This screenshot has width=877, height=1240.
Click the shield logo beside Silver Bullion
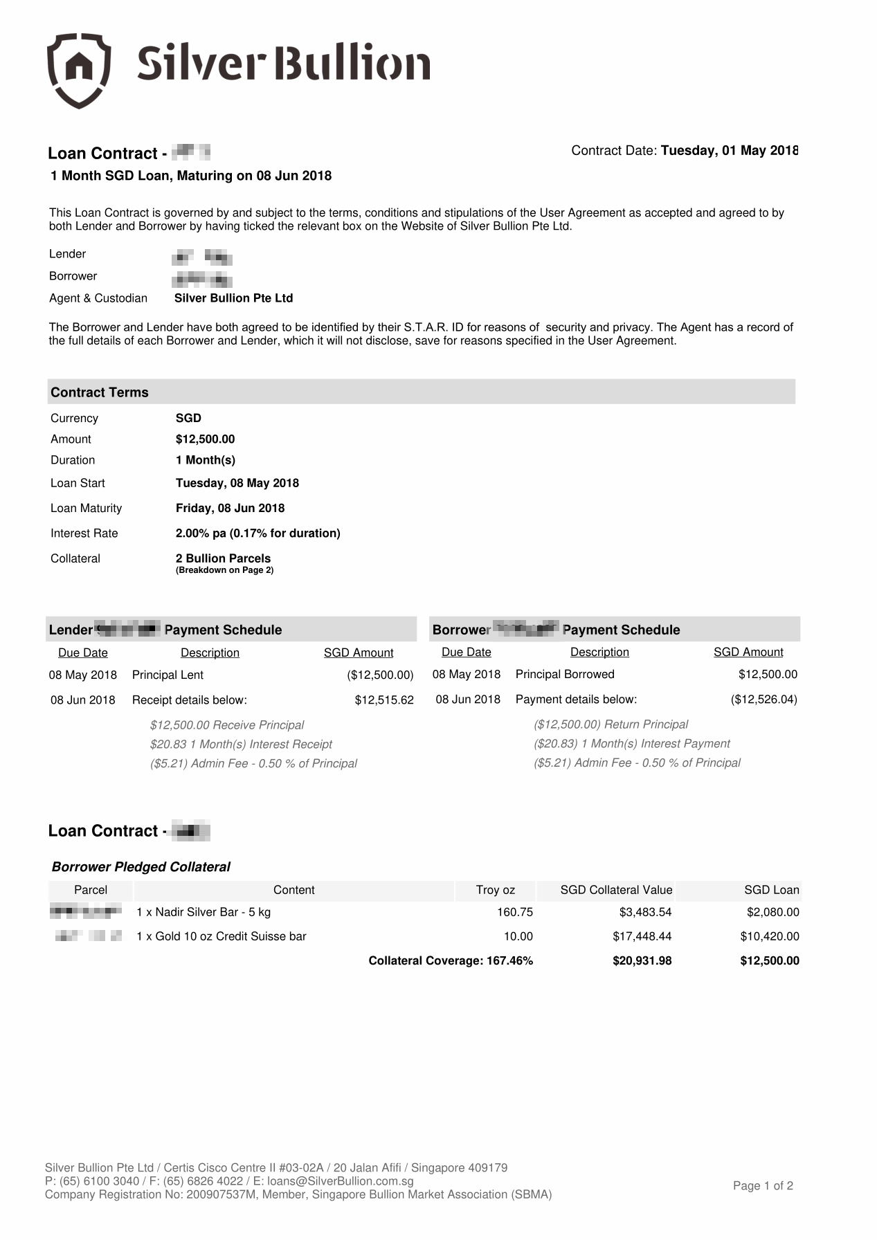coord(79,70)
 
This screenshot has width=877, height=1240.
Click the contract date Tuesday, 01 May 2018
coord(729,151)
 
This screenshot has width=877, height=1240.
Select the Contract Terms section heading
coord(100,392)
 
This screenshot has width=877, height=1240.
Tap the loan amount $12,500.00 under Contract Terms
coord(205,439)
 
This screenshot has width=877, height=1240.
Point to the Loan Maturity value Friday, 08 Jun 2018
coord(230,508)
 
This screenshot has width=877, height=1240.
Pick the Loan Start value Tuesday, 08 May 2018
coord(237,483)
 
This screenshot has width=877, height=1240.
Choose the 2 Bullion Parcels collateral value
coord(223,558)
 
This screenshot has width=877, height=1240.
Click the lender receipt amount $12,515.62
coord(384,700)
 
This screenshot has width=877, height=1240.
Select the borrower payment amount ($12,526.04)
coord(763,700)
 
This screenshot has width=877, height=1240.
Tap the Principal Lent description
coord(168,675)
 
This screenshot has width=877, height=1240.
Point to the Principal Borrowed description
coord(565,674)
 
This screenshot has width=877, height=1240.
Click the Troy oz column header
coord(495,890)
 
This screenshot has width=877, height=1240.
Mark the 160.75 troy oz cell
coord(514,912)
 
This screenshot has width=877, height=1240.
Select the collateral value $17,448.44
coord(642,936)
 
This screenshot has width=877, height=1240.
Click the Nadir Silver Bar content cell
coord(204,912)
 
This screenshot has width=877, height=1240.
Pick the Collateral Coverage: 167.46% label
coord(451,960)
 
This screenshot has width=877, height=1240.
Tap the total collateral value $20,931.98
coord(642,960)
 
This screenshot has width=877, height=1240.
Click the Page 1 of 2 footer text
coord(763,1186)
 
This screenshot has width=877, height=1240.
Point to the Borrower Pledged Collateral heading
coord(141,867)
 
